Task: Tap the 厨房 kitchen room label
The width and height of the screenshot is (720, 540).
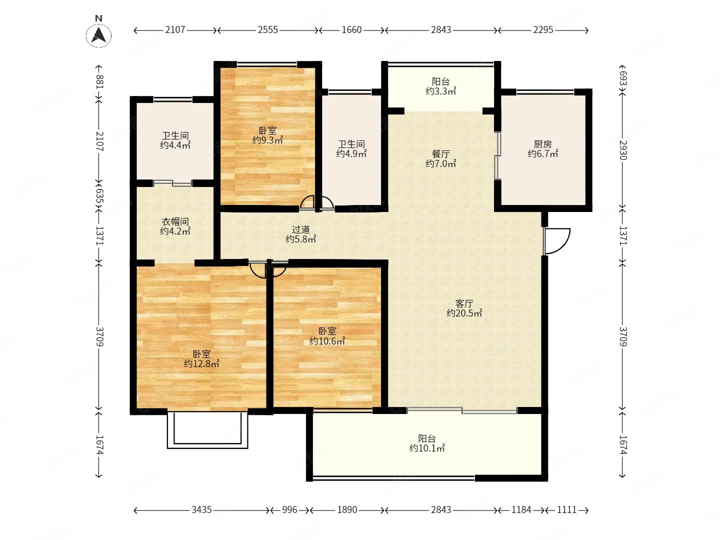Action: coord(542,144)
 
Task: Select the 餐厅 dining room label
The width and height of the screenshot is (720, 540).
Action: coord(440,154)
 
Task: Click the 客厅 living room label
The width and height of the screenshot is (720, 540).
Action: coord(464,303)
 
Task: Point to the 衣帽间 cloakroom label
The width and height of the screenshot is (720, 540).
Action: coord(175,221)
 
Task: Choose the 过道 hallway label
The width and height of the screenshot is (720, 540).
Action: coord(300,229)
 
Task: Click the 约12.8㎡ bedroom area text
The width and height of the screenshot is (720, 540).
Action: coord(201,363)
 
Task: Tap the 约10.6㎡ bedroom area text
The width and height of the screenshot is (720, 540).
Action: coord(327,341)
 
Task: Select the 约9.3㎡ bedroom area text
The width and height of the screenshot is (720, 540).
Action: coord(267,140)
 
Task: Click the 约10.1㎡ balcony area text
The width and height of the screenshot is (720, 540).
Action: coord(427,448)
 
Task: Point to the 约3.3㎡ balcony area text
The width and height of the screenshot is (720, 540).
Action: coord(440,91)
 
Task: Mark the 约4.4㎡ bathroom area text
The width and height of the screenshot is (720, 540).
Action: coord(175,145)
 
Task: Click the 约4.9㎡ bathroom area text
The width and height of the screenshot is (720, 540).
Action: coord(351,153)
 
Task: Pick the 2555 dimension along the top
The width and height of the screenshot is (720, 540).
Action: coord(267,30)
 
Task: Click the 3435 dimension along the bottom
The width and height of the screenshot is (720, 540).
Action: coord(201,510)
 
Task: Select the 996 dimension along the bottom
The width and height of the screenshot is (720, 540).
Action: coord(289,510)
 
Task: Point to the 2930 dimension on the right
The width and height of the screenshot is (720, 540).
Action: coord(623,150)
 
